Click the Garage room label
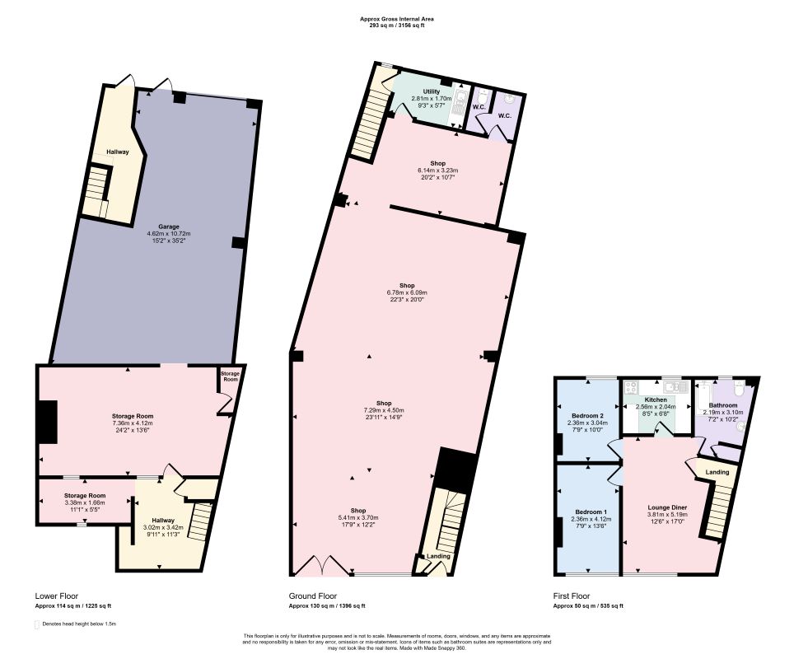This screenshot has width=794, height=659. click(168, 227)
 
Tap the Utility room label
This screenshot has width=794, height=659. click(432, 91)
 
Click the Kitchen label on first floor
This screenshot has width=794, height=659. click(656, 400)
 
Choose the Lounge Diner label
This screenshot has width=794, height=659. click(667, 507)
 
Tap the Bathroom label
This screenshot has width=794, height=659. click(723, 405)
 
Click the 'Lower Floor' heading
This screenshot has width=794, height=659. click(57, 596)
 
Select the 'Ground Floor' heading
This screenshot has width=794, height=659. click(312, 596)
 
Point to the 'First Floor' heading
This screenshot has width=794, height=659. click(571, 596)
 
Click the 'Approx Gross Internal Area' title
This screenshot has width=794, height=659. click(397, 19)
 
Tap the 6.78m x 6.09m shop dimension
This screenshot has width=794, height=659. click(407, 292)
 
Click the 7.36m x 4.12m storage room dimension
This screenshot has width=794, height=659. click(133, 423)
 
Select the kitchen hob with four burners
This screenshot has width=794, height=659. click(632, 387)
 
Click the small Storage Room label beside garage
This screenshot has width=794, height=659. click(231, 376)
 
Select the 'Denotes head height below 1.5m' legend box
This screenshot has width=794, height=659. click(36, 624)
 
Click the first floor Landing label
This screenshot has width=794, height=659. click(717, 472)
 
